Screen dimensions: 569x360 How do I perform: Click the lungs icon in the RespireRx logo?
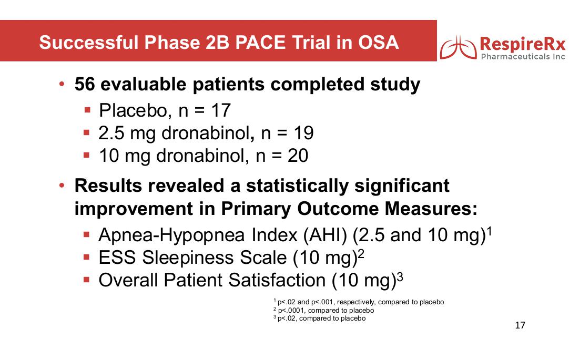459,47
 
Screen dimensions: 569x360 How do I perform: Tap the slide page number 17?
520,325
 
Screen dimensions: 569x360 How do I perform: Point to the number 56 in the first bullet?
85,84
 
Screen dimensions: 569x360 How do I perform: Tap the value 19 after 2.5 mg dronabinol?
304,133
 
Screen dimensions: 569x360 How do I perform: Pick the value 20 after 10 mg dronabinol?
298,156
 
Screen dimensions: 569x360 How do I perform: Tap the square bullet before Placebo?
87,109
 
